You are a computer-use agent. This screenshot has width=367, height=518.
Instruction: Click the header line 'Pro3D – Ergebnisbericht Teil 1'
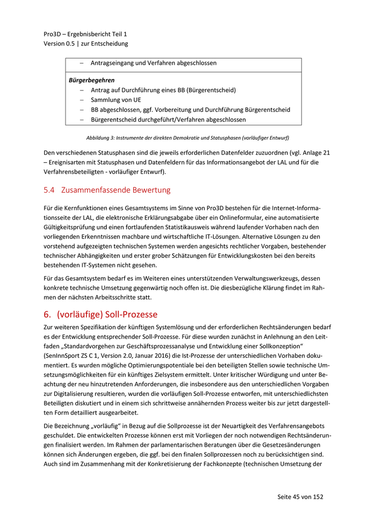pos(85,34)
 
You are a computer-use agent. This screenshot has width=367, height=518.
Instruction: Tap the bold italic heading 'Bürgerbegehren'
pos(92,80)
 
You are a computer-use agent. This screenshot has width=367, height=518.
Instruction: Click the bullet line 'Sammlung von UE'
pos(116,100)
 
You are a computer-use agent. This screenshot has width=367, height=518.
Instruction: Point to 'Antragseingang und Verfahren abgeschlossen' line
pos(154,63)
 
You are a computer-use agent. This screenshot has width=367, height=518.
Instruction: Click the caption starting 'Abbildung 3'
pos(188,138)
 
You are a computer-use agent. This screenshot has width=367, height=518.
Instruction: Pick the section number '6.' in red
pos(48,315)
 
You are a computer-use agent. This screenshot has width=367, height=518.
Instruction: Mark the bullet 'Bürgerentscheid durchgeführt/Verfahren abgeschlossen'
pos(168,120)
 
